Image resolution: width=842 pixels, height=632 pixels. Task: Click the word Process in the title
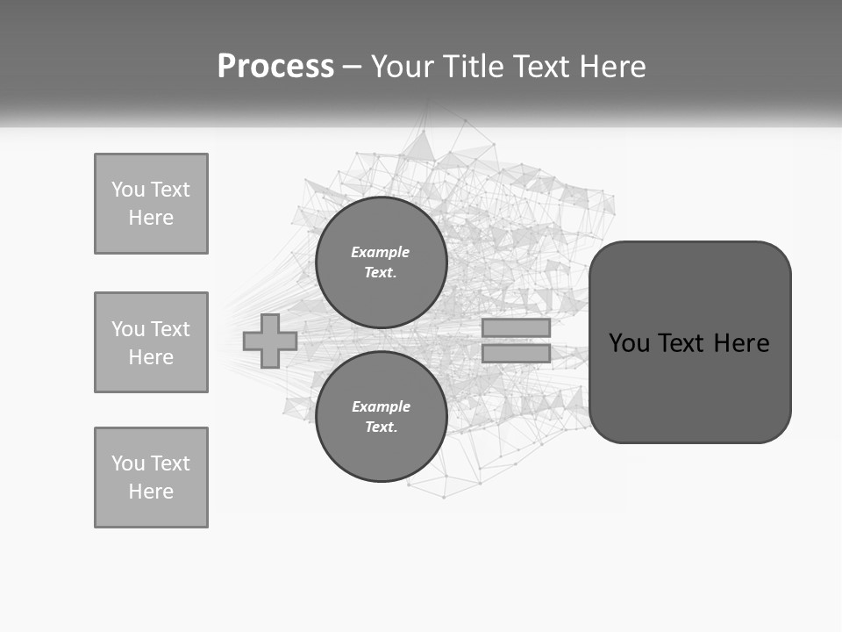275,67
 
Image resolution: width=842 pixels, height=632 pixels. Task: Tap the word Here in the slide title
612,67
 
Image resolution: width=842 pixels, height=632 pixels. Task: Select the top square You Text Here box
151,204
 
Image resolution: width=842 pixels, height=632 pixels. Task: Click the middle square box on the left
151,342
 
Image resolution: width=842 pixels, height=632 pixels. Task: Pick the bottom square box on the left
151,478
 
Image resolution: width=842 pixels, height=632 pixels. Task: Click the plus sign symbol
270,341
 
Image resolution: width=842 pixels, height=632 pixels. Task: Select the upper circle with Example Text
381,262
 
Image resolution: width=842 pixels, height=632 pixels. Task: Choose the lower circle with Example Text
381,417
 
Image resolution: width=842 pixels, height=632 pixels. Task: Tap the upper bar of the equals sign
516,327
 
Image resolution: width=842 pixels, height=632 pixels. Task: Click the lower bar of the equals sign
516,354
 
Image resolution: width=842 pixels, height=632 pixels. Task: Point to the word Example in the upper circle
380,252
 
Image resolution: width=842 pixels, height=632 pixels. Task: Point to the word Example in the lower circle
381,406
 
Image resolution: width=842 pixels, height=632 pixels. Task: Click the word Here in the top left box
151,218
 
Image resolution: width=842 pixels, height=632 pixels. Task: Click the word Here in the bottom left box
151,492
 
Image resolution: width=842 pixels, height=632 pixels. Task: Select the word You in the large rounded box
629,343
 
